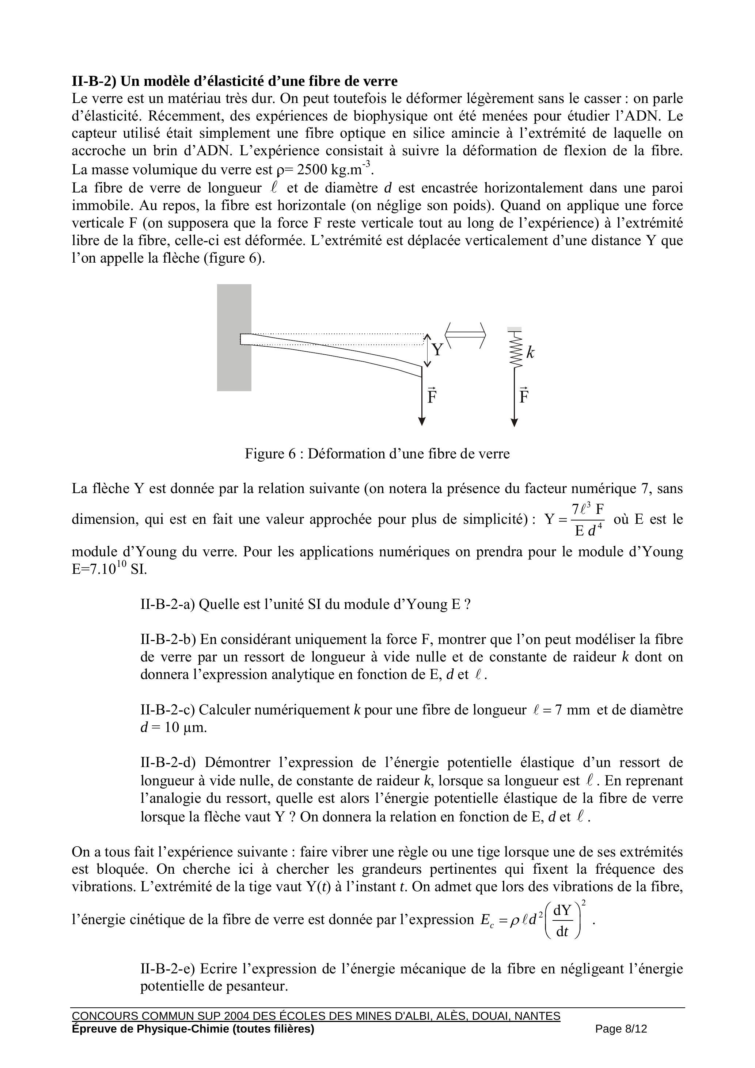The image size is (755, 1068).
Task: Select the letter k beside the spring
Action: click(x=530, y=352)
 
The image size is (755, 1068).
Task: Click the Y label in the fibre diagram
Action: click(x=437, y=349)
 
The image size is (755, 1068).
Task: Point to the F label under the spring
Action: click(x=524, y=396)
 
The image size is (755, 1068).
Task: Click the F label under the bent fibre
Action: click(x=432, y=396)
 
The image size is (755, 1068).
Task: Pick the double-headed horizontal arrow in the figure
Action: click(x=466, y=333)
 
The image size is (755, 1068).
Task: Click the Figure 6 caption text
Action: click(x=377, y=454)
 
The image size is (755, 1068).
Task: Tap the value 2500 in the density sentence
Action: click(x=311, y=169)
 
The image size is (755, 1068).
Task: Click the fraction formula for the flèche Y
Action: click(x=575, y=519)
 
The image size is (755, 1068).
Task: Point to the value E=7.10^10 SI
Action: click(x=109, y=569)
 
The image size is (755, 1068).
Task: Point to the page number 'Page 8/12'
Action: click(x=621, y=1029)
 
